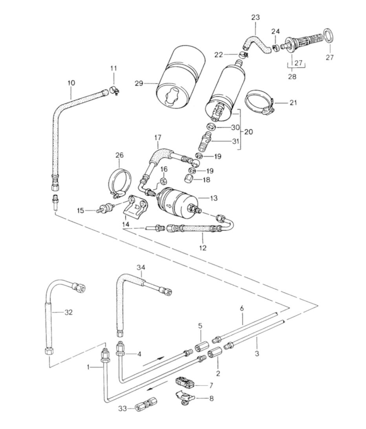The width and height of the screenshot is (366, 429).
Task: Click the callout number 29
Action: click(139, 83)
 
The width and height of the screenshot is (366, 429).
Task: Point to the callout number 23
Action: click(255, 18)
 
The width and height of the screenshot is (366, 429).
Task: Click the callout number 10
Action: click(71, 83)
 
